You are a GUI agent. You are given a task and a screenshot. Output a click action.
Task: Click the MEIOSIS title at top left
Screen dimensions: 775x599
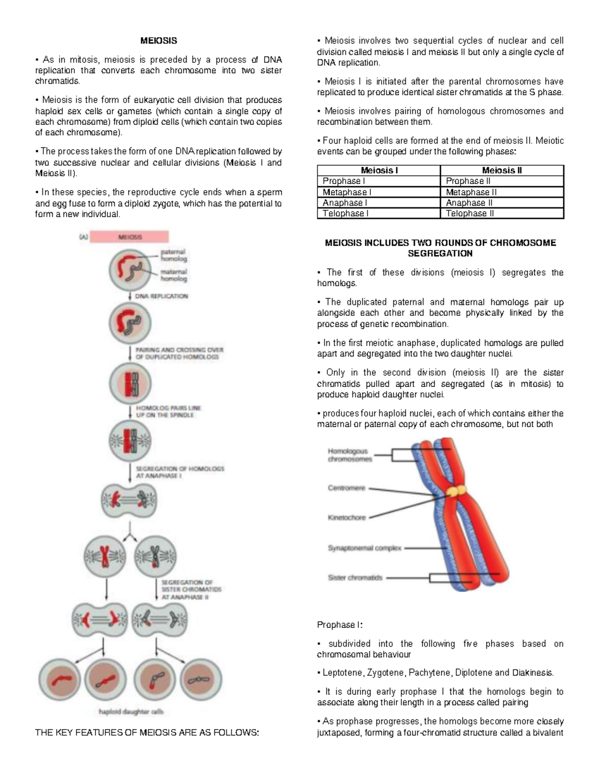tap(158, 40)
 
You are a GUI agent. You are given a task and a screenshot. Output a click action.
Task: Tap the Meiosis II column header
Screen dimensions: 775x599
tap(502, 170)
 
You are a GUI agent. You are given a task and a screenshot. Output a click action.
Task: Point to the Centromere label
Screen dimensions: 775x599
tap(346, 488)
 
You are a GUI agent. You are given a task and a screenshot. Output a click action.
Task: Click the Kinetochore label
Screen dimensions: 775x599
tap(346, 517)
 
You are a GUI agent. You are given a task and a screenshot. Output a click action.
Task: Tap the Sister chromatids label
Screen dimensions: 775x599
tap(355, 577)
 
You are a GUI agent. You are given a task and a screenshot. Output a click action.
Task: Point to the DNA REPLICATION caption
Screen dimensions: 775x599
tap(162, 296)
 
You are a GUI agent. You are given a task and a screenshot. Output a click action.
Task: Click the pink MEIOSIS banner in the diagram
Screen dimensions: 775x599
tap(130, 237)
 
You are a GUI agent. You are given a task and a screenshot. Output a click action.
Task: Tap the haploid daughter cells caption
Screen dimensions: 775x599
tap(131, 712)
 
